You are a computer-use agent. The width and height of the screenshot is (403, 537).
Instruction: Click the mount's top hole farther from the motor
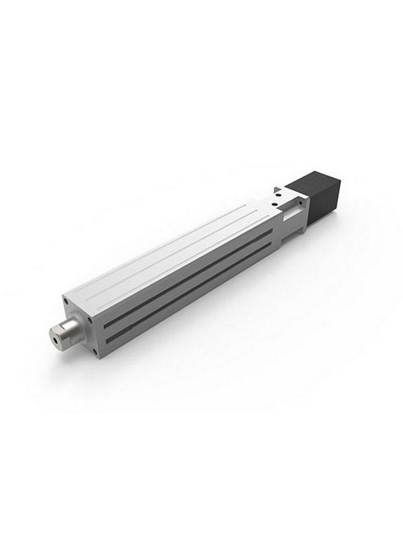click(x=274, y=205)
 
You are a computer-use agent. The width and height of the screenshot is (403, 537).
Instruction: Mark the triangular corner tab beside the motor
click(x=277, y=189)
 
